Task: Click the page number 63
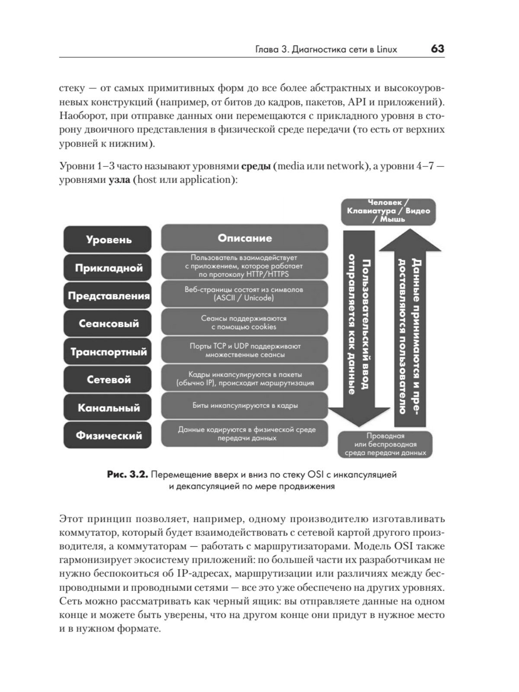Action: [437, 49]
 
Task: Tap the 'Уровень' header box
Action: [108, 239]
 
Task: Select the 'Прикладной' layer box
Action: [108, 268]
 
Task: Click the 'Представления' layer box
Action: [108, 296]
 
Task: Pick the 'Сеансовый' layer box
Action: [108, 324]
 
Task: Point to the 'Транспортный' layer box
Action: [108, 352]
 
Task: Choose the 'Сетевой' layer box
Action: [108, 380]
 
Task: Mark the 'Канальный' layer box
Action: [108, 407]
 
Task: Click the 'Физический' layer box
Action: [108, 435]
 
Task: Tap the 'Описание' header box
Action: [244, 238]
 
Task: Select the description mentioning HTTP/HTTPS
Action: [244, 266]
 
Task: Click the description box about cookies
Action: [244, 323]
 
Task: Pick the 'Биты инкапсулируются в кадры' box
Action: [244, 406]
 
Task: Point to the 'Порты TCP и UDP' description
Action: [244, 350]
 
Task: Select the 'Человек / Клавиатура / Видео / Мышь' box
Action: [388, 211]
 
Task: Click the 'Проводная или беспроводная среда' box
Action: [385, 444]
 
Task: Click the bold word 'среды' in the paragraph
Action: [256, 166]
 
